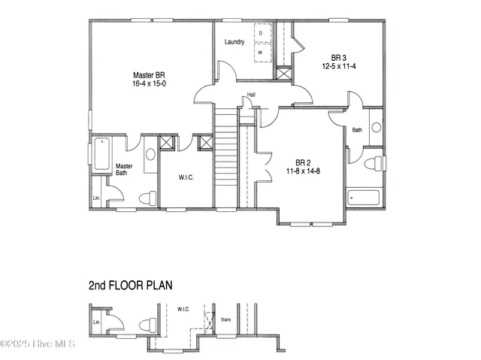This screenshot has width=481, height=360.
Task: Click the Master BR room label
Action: coord(149,75)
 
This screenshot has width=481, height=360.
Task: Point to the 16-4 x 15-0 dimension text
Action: coord(149,84)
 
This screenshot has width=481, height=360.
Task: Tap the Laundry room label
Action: coord(234,42)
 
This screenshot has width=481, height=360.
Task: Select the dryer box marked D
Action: coord(261,34)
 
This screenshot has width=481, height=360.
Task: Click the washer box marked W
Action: coord(261,53)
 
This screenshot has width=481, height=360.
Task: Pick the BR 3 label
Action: coord(337,57)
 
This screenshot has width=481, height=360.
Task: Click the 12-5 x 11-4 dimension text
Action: coord(337,66)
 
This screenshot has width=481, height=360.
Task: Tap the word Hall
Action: coord(251,95)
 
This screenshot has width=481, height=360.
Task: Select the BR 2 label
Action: coord(304,162)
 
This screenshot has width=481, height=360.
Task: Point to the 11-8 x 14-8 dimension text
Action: coord(304,171)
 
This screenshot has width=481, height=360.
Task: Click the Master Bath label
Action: coord(124,170)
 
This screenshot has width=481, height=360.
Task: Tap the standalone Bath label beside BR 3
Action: coord(357,130)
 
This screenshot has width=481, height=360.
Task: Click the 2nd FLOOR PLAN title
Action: coord(131,285)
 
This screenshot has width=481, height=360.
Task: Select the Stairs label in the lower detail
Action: coord(225,319)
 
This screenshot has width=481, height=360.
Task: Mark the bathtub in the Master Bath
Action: coord(101,153)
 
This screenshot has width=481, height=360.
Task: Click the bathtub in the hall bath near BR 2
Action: coord(365,198)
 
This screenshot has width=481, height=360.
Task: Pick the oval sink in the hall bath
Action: coord(376,127)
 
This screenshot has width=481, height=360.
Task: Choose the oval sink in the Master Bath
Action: coord(150,155)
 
